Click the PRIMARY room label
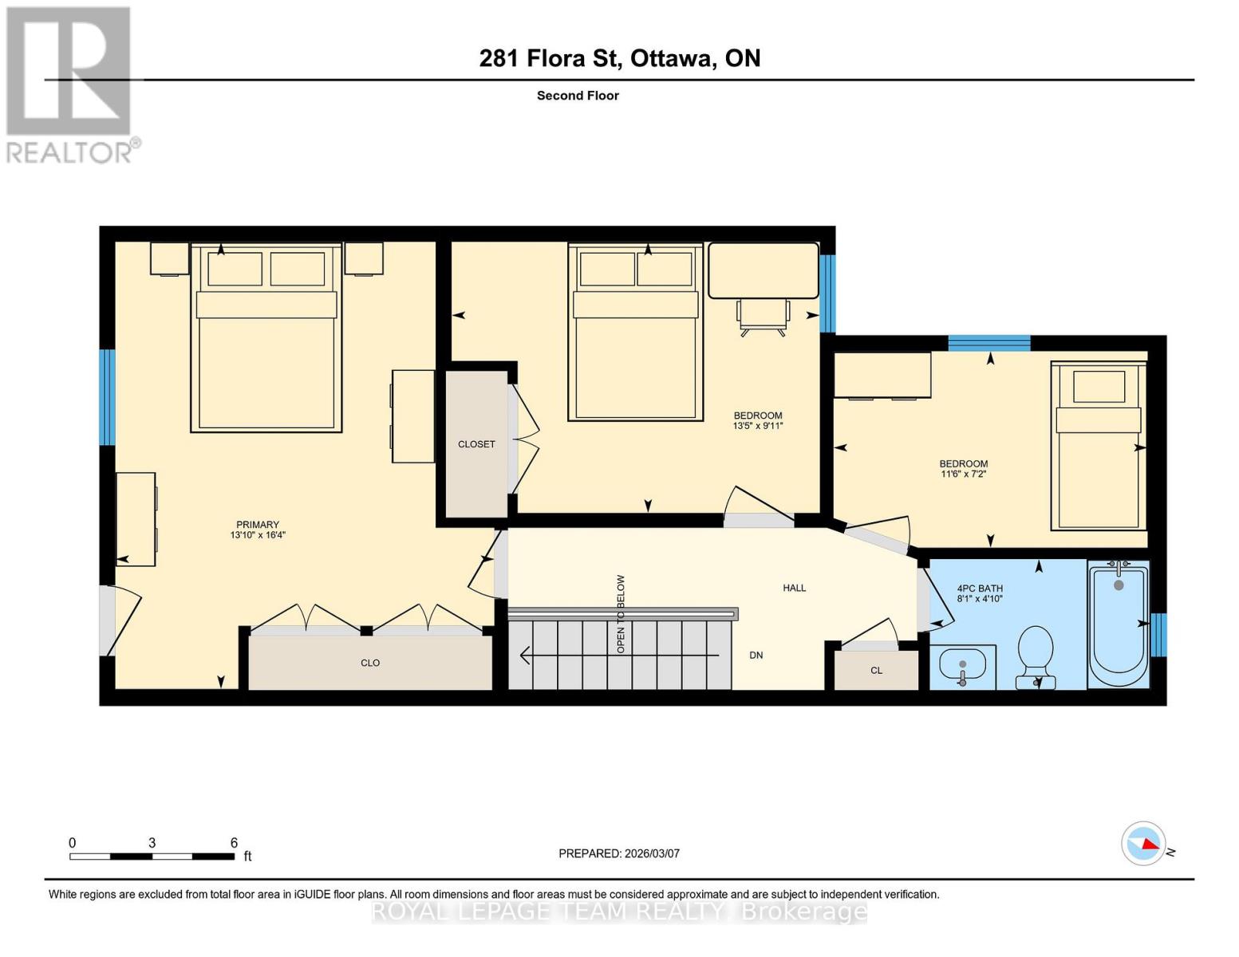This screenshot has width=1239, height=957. point(257,525)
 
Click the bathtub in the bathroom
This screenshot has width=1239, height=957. point(1119,624)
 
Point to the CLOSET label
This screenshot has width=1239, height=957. point(476,444)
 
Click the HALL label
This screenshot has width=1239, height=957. point(794,588)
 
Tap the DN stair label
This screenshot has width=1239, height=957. point(756,655)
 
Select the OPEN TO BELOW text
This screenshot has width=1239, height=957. point(621,614)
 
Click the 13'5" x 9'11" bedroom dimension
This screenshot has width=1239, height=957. point(758,426)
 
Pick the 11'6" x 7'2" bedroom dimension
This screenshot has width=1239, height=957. point(963,474)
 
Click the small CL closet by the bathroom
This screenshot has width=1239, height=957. point(876,670)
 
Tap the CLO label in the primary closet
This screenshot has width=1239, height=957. point(369,663)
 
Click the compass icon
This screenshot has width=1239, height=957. point(1143,843)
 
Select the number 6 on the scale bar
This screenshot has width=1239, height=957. point(234,842)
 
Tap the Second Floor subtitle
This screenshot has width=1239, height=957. point(578,96)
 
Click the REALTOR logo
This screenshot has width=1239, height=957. point(70,84)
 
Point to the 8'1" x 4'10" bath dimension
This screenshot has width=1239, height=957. point(979,598)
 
